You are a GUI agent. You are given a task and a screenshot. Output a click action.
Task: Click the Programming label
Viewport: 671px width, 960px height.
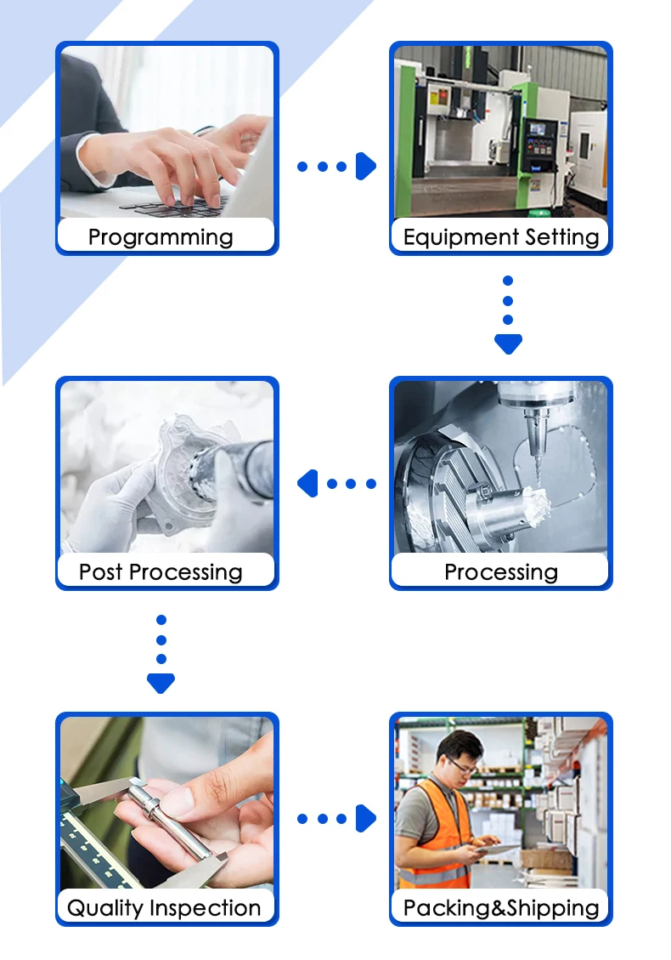161,236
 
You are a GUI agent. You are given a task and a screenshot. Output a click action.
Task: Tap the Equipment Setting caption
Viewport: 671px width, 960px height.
501,236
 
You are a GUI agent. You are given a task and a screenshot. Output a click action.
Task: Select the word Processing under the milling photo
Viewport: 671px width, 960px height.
501,571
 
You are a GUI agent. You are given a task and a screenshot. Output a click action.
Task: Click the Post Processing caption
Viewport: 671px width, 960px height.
161,571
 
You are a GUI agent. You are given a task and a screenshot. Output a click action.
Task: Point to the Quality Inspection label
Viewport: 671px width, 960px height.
164,907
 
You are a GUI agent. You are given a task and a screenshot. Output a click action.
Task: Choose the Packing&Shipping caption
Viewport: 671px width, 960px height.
501,907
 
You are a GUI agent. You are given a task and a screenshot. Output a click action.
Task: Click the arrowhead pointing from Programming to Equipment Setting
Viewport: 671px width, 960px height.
366,167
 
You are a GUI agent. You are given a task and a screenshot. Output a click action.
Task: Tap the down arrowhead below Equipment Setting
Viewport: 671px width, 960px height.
508,344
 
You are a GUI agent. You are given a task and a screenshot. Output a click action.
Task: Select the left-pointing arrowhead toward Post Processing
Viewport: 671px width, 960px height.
307,484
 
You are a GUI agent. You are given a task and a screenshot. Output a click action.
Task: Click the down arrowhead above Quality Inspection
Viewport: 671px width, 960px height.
161,682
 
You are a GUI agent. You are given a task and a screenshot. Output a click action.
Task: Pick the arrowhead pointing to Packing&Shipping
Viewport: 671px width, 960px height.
366,819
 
